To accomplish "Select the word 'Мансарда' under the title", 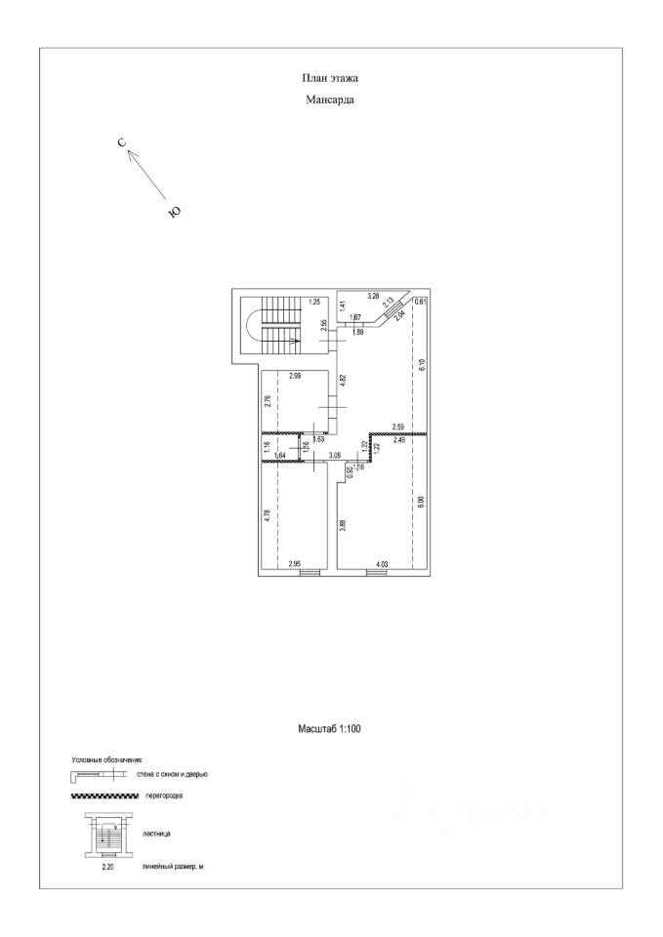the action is (x=331, y=99).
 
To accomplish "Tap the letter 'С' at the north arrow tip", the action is (x=122, y=143).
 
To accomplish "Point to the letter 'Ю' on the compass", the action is (x=174, y=210).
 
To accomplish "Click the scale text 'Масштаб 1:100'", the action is (x=330, y=728).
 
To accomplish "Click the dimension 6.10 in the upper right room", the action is (x=421, y=367).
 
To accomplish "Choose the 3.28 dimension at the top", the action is (x=372, y=295).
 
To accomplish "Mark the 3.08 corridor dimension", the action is (x=334, y=455).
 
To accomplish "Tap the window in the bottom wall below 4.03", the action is (x=377, y=573).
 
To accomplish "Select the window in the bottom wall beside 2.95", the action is (x=310, y=573).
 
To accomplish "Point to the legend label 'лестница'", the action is (x=156, y=835).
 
